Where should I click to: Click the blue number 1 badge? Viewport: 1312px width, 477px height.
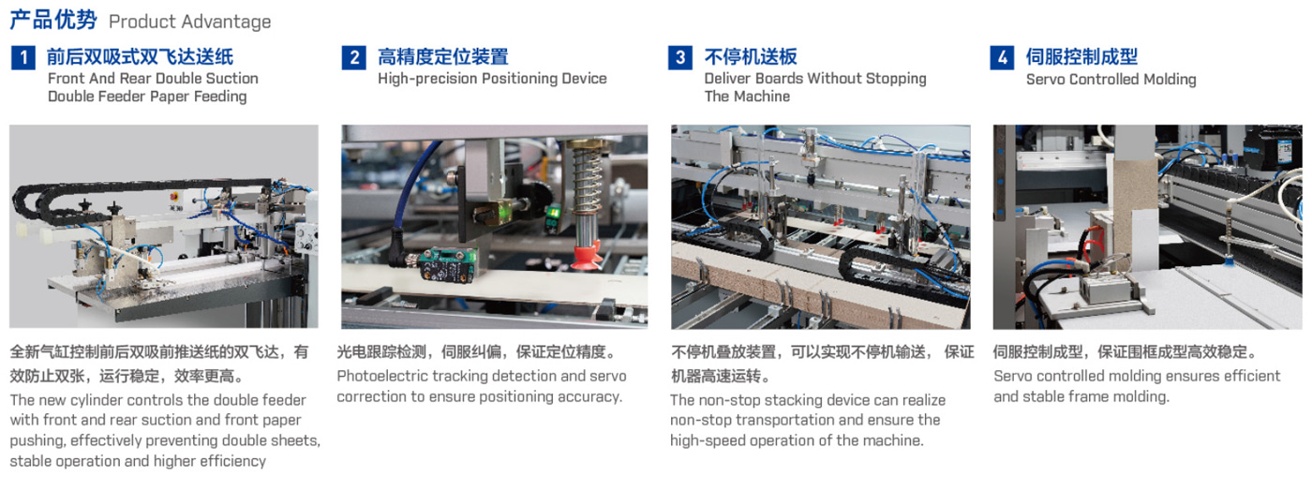point(23,57)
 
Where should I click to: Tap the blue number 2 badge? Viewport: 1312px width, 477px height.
point(354,57)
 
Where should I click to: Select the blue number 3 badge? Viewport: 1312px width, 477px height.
point(680,57)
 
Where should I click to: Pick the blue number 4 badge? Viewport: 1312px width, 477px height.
point(1002,57)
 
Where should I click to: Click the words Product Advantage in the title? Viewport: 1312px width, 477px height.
point(189,22)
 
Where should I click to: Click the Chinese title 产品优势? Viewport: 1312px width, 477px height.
point(53,20)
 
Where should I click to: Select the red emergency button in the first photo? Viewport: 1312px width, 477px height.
point(174,196)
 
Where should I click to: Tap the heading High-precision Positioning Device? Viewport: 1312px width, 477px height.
point(492,79)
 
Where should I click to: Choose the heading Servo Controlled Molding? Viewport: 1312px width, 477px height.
point(1111,79)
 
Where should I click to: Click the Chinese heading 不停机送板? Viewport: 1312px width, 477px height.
point(751,57)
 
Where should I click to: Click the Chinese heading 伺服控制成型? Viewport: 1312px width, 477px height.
point(1081,57)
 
